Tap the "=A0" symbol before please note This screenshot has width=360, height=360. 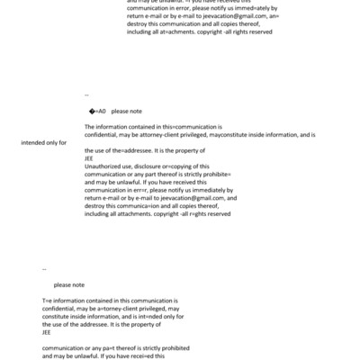click(x=99, y=112)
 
